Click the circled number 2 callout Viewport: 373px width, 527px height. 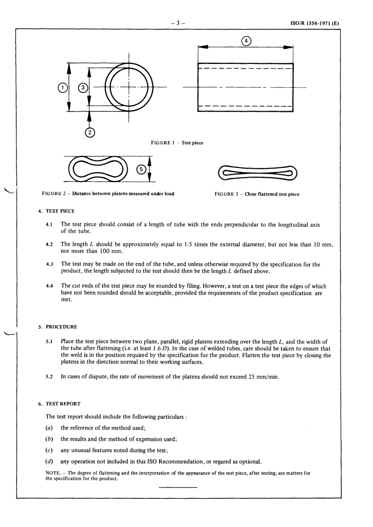90,133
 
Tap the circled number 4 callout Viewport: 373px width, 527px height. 246,41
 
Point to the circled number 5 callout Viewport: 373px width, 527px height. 141,169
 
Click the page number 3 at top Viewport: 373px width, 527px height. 178,23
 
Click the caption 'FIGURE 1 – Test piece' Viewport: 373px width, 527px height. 177,143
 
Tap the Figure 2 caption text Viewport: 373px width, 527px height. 108,194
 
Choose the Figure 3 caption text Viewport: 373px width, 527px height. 257,194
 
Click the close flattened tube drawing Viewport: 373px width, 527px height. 258,173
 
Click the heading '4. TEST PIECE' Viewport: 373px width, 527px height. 56,211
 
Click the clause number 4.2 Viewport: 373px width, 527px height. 49,245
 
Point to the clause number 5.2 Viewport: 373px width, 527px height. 49,377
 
